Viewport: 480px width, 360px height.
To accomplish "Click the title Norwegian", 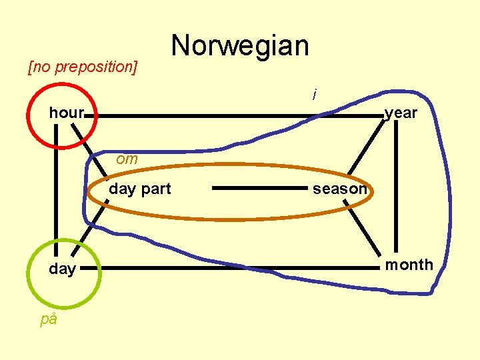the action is (x=240, y=46).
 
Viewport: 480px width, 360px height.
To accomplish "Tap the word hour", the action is (x=66, y=113).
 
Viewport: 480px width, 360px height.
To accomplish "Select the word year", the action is (x=401, y=113).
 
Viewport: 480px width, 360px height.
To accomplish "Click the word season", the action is (x=340, y=189).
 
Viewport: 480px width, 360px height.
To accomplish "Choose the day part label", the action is (x=140, y=189).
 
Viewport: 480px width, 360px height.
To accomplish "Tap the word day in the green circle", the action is (x=62, y=269).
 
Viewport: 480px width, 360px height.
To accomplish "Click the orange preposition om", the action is (x=127, y=159).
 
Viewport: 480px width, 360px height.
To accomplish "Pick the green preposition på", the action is (x=49, y=319).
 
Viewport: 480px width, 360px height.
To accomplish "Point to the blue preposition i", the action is (x=314, y=95).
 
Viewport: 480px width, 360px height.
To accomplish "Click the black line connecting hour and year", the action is (x=233, y=116).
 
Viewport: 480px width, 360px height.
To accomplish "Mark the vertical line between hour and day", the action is (x=56, y=193).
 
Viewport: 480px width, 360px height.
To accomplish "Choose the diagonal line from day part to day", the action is (x=85, y=235).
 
